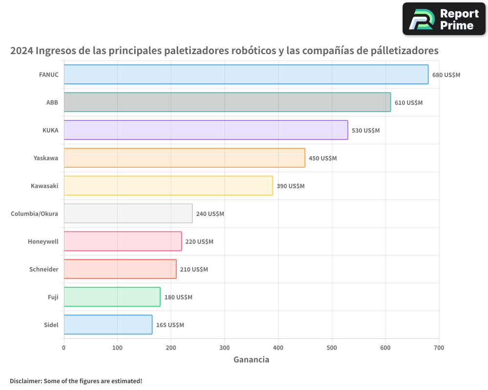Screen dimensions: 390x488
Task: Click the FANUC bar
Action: click(246, 75)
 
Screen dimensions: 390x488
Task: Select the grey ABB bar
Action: click(227, 102)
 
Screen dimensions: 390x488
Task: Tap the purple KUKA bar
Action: click(205, 130)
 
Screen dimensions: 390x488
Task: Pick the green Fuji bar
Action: click(112, 297)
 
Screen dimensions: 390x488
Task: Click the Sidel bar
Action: click(108, 325)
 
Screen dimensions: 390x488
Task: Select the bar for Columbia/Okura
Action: click(128, 214)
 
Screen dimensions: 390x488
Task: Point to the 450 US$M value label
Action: click(323, 158)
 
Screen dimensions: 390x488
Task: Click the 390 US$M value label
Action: click(290, 186)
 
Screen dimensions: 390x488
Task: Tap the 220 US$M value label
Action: click(199, 241)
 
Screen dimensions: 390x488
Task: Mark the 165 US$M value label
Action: click(170, 325)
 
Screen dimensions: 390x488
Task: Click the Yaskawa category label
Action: click(46, 158)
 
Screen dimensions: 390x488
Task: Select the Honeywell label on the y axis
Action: click(43, 241)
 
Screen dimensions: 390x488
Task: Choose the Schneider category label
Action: click(44, 269)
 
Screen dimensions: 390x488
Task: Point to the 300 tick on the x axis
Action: click(224, 348)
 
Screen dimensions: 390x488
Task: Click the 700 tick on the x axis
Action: click(439, 348)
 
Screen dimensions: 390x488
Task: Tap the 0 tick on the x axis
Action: click(64, 348)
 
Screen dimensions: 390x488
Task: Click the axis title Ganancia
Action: click(251, 360)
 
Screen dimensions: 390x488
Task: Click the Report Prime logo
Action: click(444, 19)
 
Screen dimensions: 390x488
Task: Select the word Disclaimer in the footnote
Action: click(25, 381)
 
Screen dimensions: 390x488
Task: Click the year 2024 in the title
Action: click(21, 51)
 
